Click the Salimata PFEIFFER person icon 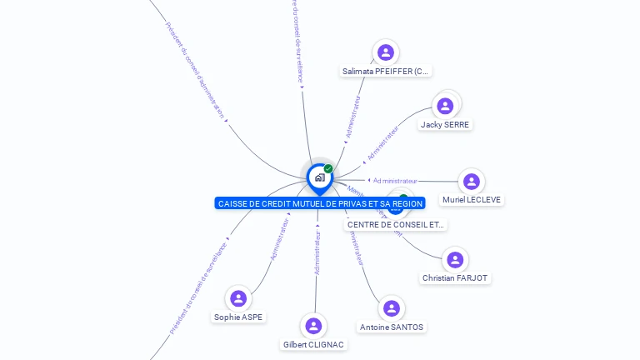click(385, 52)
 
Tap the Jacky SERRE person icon click(445, 106)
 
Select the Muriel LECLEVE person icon click(472, 182)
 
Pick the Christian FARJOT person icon click(455, 259)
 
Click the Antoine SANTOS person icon click(391, 308)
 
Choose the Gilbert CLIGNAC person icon click(313, 326)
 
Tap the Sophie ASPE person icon click(238, 298)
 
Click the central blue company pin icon click(319, 177)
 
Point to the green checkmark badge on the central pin click(328, 169)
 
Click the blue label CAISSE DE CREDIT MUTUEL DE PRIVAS click(320, 203)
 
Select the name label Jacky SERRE click(445, 125)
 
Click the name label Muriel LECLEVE click(472, 200)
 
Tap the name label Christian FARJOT click(455, 277)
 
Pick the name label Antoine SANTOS click(391, 327)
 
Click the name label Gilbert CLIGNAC click(313, 344)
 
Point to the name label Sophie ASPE click(238, 317)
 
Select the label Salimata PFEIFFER click(386, 72)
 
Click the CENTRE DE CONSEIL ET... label click(396, 224)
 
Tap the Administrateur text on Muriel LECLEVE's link click(395, 180)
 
